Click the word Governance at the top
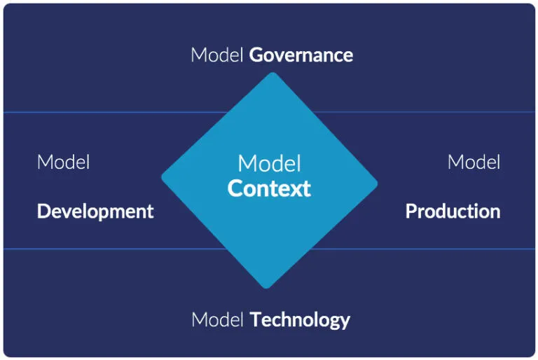301,55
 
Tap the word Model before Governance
217,55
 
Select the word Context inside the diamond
269,188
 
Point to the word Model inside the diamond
269,164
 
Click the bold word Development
95,211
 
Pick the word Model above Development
64,162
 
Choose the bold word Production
453,211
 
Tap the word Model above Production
474,162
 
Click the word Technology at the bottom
300,320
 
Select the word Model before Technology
218,320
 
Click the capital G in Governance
256,55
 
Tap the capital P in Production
411,211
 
